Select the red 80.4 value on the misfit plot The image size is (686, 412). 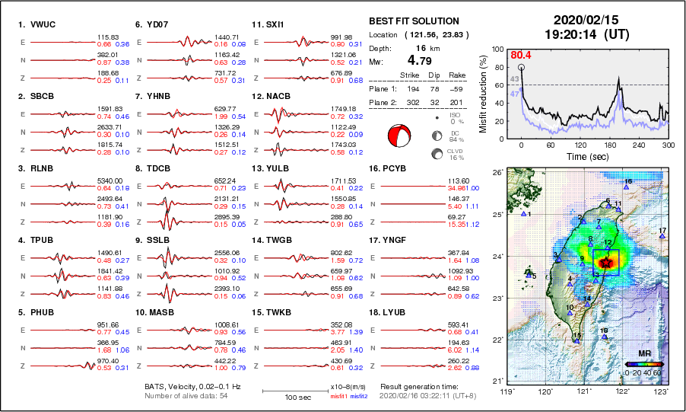[521, 55]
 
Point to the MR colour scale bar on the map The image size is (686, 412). [643, 365]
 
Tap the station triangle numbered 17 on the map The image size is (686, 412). [662, 237]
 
